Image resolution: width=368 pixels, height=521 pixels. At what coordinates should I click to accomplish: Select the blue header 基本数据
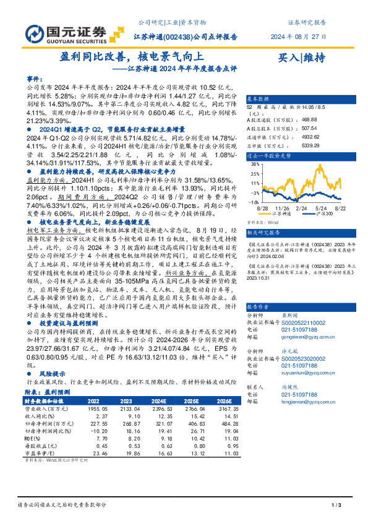click(x=259, y=99)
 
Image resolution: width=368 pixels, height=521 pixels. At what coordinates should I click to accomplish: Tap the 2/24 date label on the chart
click(x=302, y=210)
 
